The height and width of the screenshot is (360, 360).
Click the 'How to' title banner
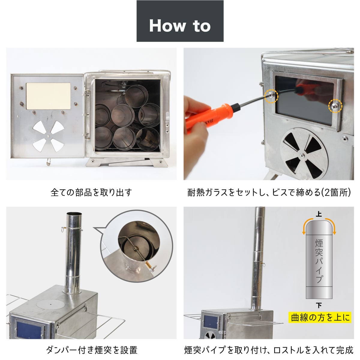(180, 21)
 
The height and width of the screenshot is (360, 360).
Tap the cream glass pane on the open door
(48, 96)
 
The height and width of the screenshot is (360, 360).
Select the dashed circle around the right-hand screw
(335, 106)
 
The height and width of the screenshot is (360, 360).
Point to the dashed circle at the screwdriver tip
(271, 96)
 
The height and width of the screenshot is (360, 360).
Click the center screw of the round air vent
(302, 155)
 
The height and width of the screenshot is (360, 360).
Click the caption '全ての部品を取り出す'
(91, 192)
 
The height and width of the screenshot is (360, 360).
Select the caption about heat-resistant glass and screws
(268, 193)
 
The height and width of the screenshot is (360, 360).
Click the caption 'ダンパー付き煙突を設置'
(91, 350)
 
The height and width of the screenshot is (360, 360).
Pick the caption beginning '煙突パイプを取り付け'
(268, 350)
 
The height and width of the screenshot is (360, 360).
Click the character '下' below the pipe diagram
(319, 306)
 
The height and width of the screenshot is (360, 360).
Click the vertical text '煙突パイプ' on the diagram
(319, 263)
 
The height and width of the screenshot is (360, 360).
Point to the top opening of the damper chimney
(74, 214)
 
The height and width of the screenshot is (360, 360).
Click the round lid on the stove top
(51, 304)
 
